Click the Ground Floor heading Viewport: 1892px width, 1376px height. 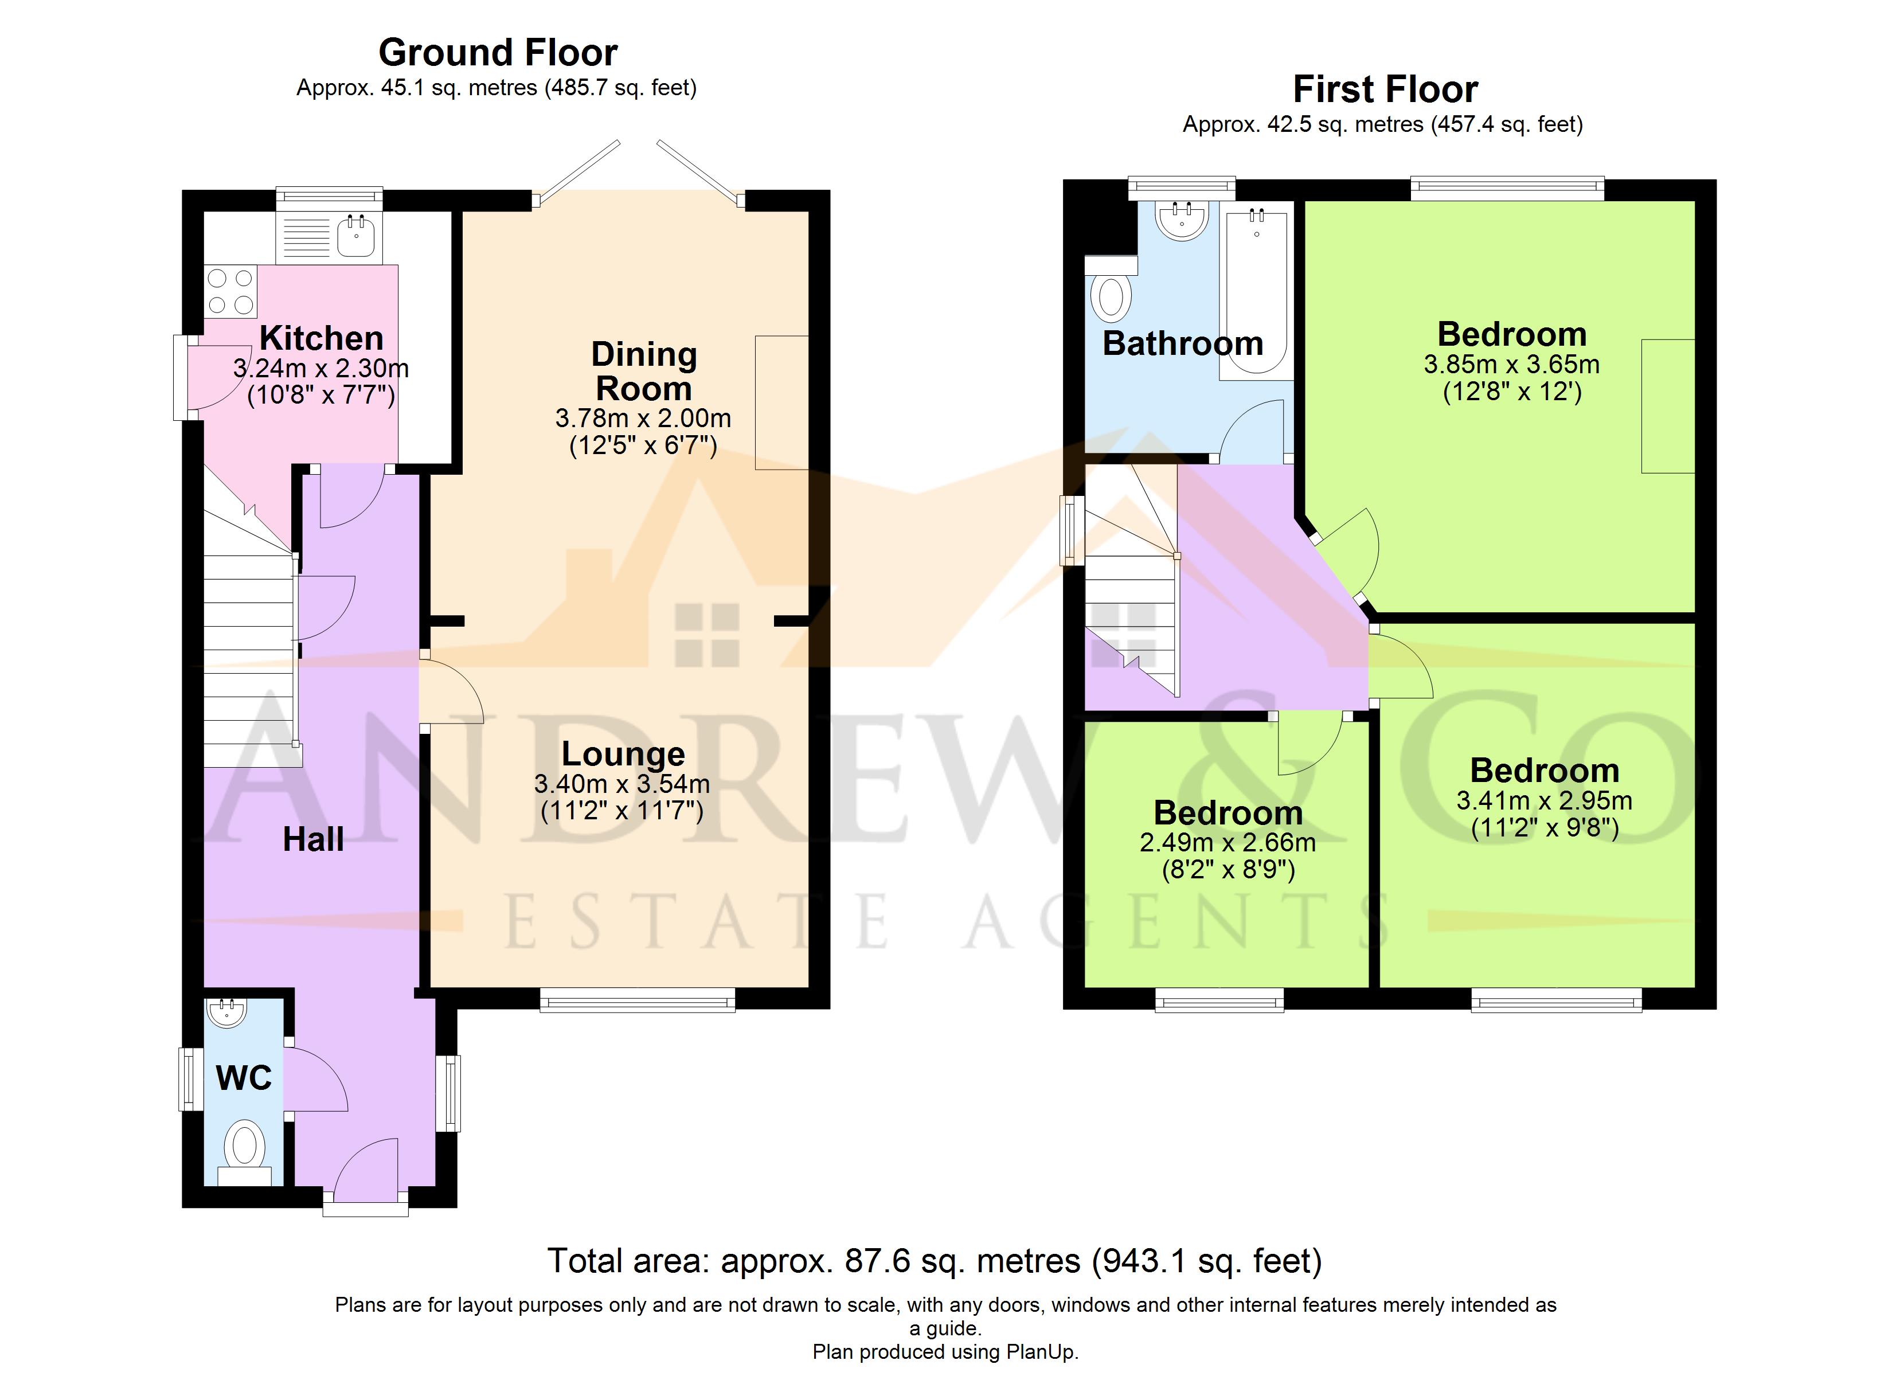click(x=498, y=53)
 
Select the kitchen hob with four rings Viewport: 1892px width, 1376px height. click(x=231, y=291)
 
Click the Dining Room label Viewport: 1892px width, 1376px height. click(x=644, y=372)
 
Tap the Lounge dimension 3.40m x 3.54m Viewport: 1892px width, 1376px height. click(x=622, y=784)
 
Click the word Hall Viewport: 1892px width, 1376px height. click(x=313, y=839)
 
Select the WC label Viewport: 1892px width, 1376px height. click(x=244, y=1078)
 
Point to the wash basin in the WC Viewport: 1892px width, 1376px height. click(x=225, y=1012)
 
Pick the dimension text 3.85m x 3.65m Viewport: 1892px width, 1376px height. click(x=1512, y=365)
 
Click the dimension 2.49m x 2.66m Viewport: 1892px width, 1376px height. click(x=1228, y=843)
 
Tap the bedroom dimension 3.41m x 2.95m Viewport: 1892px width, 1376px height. click(x=1544, y=801)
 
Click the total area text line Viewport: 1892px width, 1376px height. click(x=935, y=1261)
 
